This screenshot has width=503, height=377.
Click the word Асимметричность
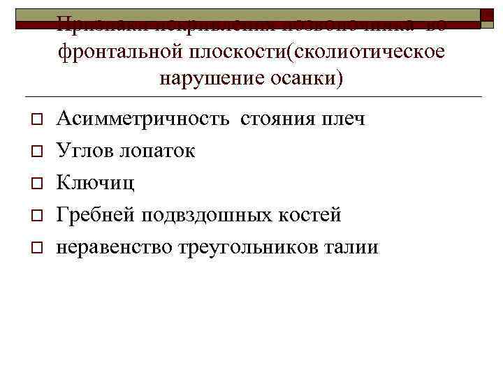tap(143, 119)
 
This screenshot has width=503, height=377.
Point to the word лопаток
tap(157, 151)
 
